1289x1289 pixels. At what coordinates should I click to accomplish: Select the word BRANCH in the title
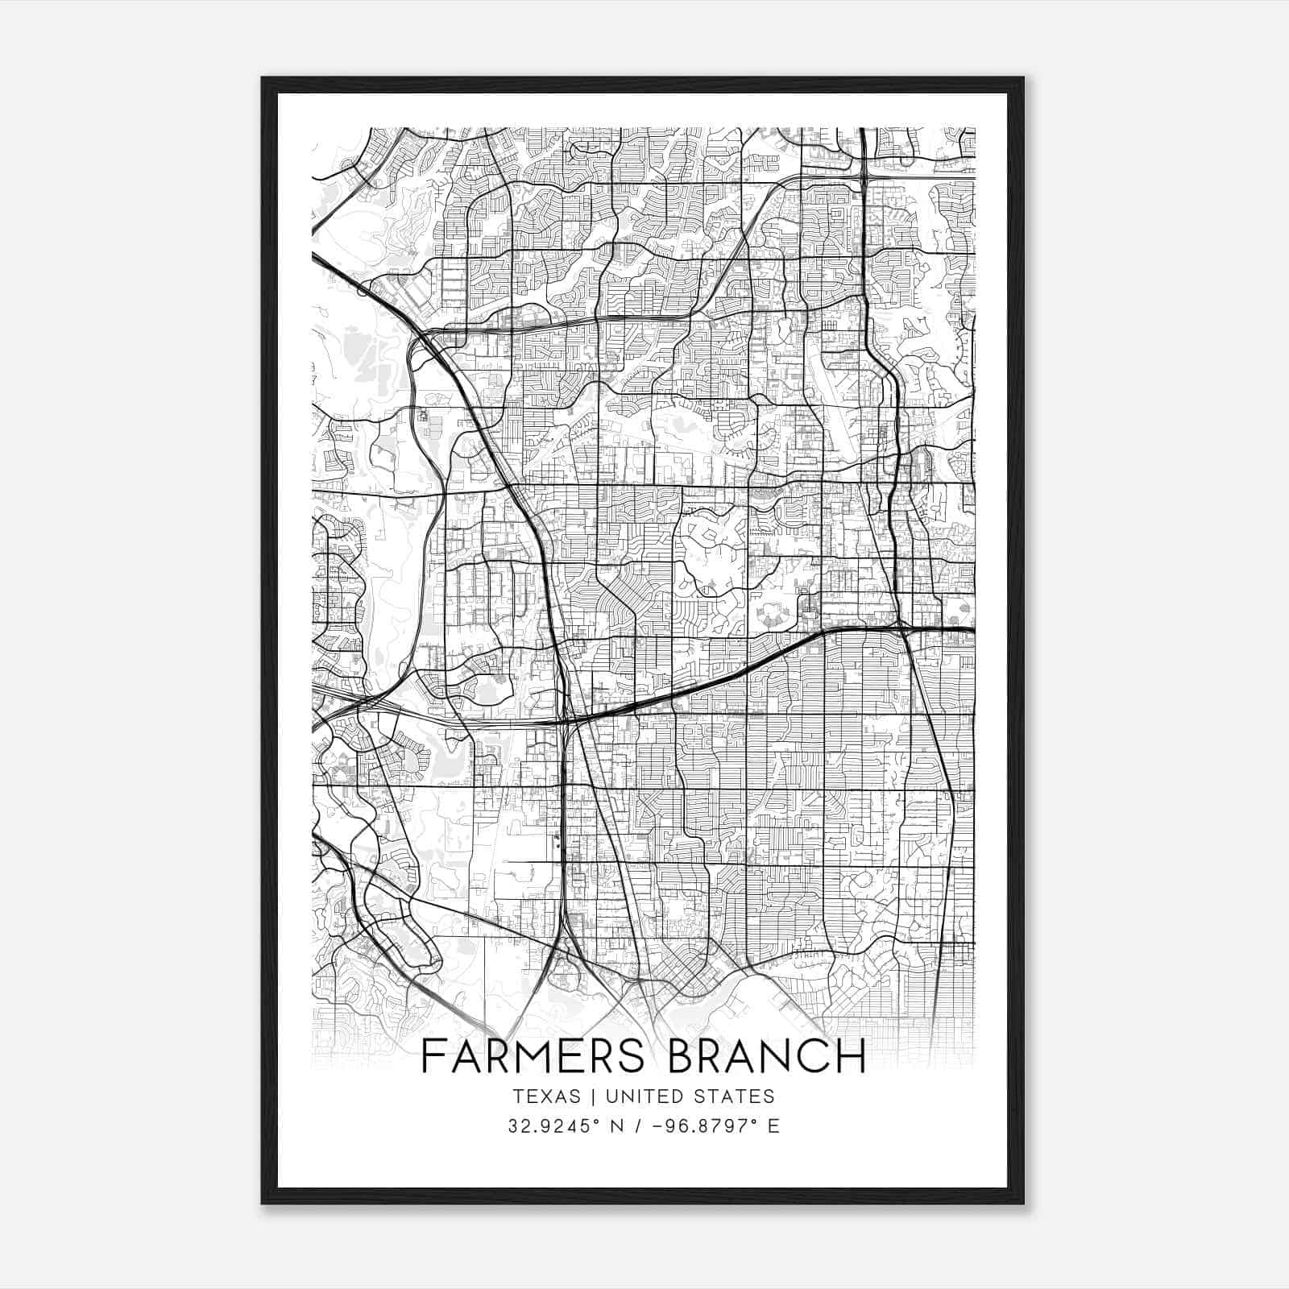[767, 1056]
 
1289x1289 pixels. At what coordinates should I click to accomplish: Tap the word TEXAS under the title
[547, 1096]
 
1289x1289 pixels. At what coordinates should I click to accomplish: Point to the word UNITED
[643, 1096]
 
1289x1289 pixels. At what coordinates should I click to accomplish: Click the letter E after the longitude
[773, 1126]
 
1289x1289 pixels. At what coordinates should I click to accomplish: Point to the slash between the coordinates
[642, 1126]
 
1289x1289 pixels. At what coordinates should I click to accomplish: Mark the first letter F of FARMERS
[433, 1056]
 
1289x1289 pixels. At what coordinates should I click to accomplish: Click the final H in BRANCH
[852, 1056]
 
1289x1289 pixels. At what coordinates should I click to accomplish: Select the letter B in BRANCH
[683, 1056]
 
